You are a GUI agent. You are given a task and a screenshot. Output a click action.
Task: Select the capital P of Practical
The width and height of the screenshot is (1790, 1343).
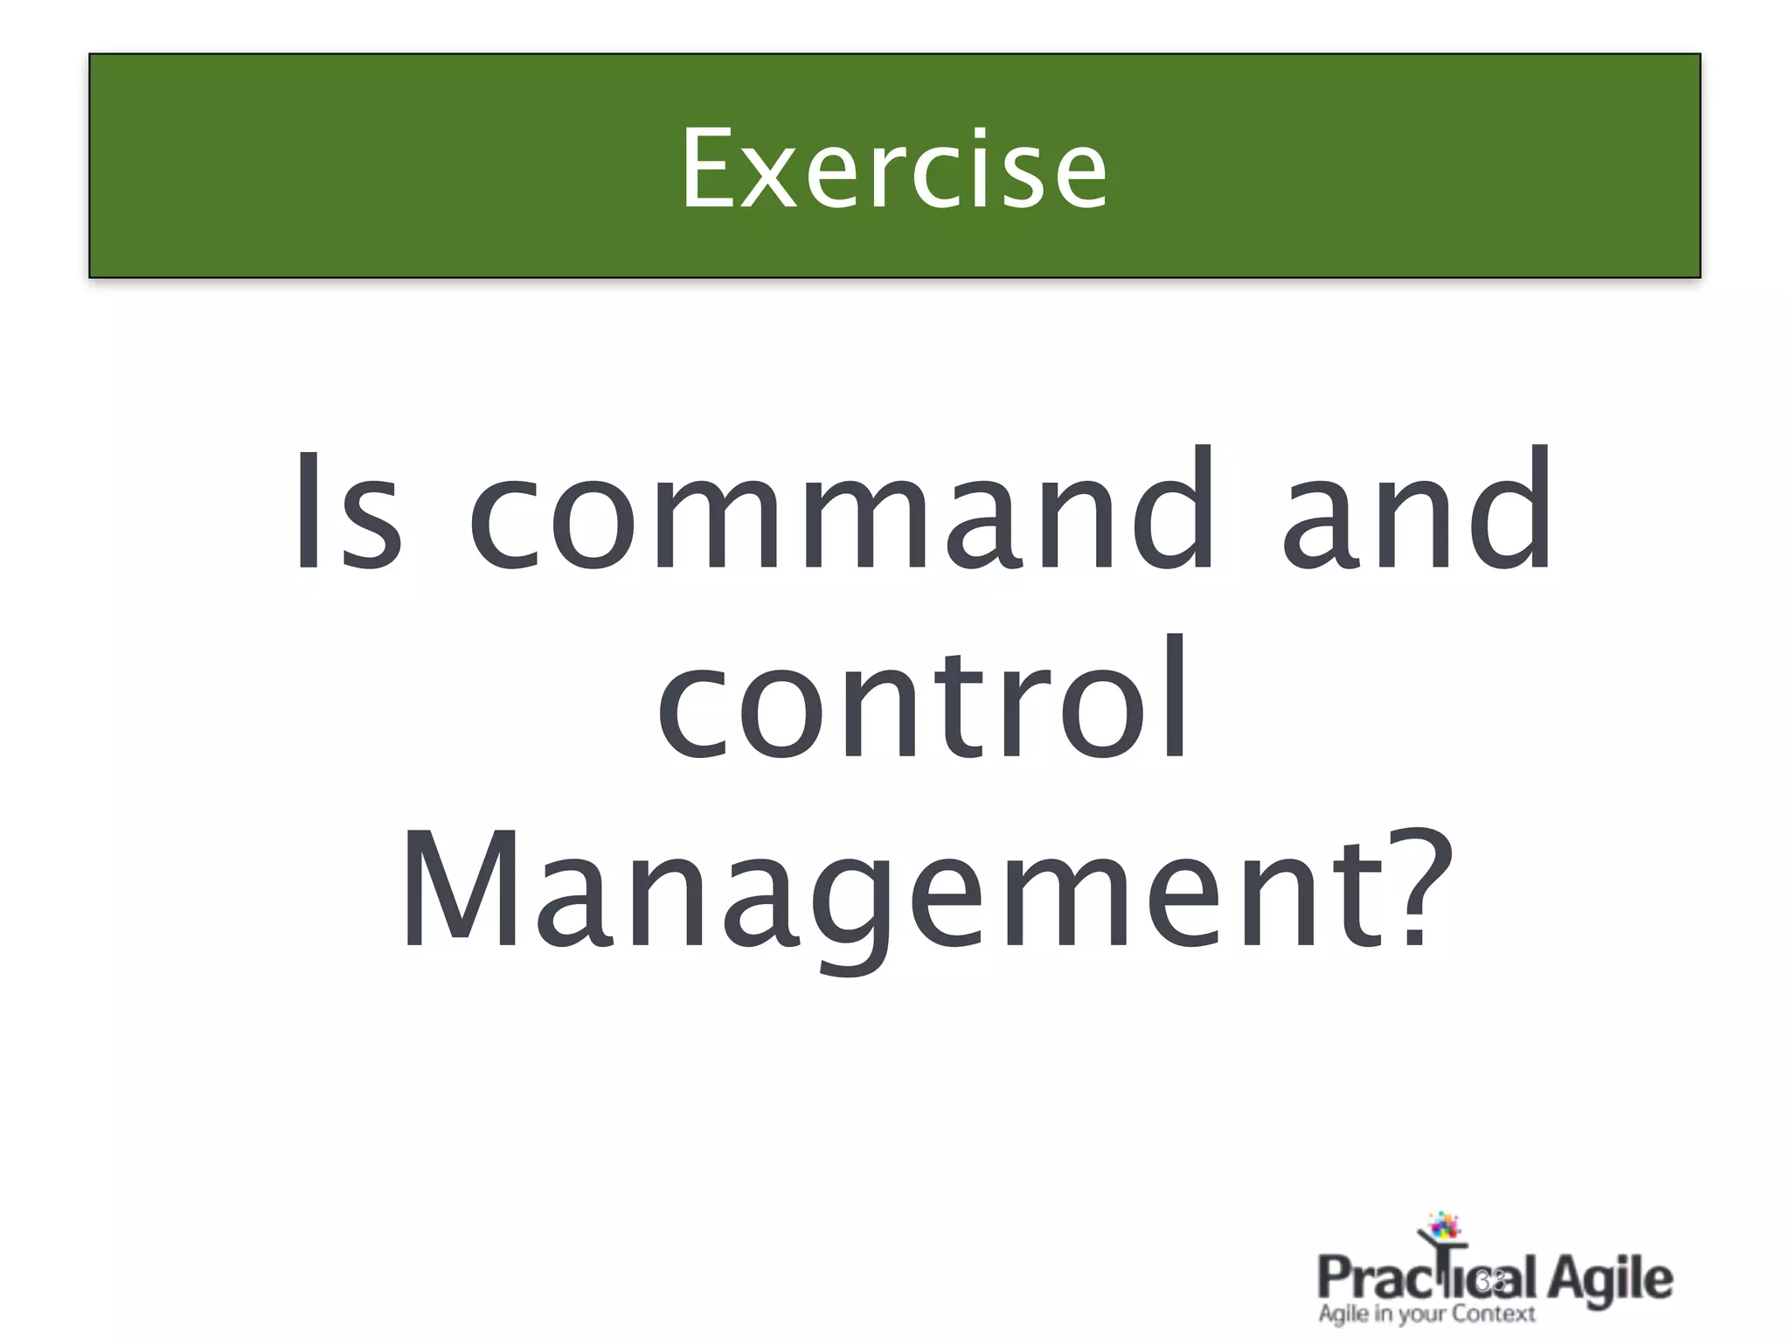coord(1335,1278)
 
